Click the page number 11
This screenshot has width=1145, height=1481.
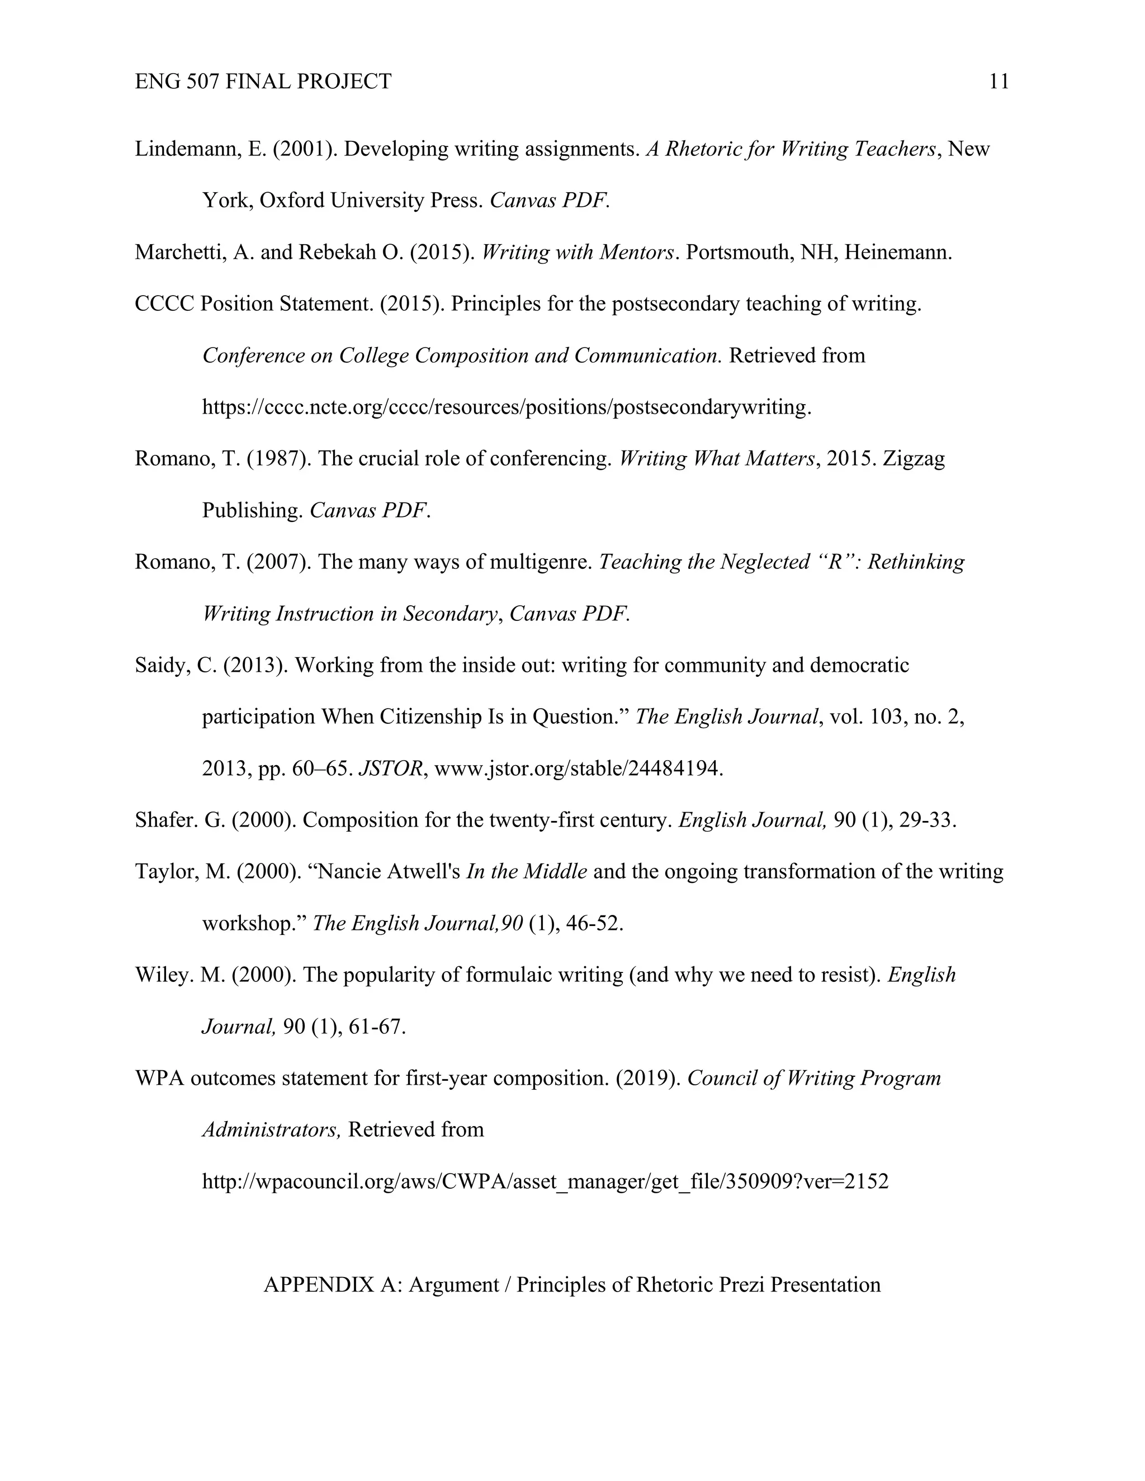pyautogui.click(x=999, y=82)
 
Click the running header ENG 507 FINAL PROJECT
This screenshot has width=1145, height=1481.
pyautogui.click(x=263, y=82)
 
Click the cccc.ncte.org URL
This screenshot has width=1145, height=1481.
pyautogui.click(x=506, y=407)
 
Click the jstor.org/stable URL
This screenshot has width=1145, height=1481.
pyautogui.click(x=578, y=769)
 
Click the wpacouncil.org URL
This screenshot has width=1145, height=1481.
pyautogui.click(x=545, y=1182)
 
